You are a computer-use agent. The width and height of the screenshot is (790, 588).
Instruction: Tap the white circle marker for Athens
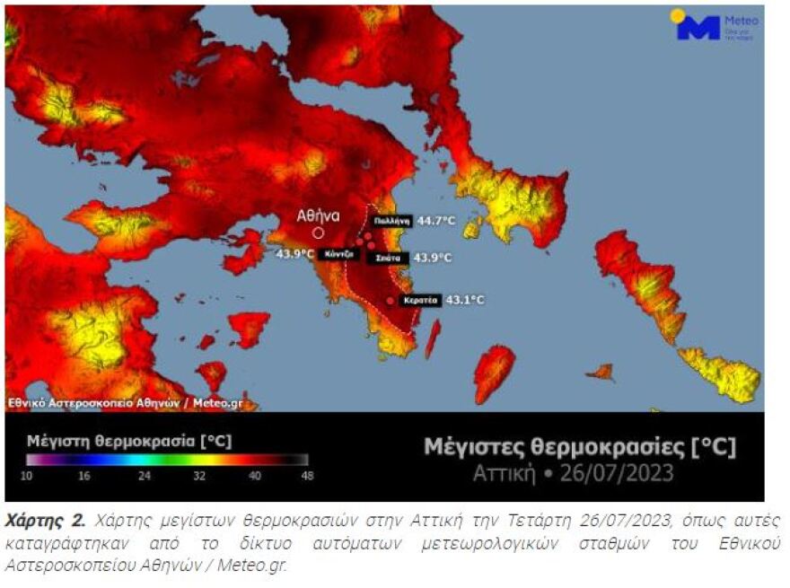[x=318, y=233]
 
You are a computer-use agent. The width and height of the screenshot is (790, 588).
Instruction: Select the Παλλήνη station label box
[x=391, y=220]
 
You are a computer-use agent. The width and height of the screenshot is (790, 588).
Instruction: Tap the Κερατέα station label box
[x=418, y=300]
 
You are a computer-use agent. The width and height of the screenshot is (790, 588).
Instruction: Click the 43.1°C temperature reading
[x=464, y=300]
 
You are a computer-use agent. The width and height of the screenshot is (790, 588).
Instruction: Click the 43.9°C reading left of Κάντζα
[x=295, y=253]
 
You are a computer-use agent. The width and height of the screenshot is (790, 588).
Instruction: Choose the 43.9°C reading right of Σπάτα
[x=433, y=258]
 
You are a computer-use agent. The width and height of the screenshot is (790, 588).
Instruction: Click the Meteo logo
[x=715, y=25]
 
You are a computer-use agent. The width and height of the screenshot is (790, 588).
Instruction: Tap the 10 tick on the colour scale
[x=27, y=476]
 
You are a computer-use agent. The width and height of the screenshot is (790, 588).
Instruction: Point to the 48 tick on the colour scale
[x=307, y=476]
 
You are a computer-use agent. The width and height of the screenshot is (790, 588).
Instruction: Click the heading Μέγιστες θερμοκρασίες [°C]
[x=579, y=446]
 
